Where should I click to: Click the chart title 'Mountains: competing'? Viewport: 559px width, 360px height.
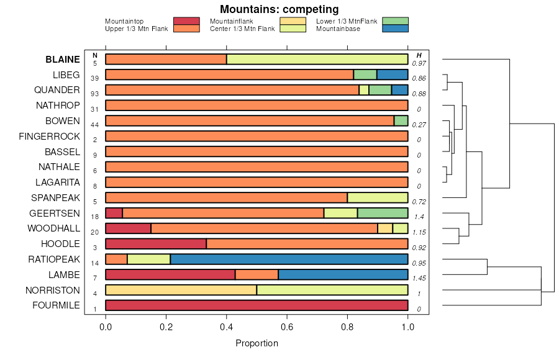coord(279,9)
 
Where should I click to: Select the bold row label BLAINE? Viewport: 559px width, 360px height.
coord(62,60)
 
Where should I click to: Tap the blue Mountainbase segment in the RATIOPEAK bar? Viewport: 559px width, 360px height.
coord(289,259)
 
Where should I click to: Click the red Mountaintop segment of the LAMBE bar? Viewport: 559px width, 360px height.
coord(170,274)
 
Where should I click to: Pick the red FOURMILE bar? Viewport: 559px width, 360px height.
coord(257,305)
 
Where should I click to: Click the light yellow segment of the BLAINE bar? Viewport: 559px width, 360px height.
coord(317,60)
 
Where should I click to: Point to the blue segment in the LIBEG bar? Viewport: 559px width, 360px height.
coord(392,74)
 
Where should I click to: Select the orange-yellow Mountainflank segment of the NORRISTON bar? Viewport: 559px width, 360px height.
coord(181,290)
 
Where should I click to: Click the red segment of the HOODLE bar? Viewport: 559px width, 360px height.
coord(156,244)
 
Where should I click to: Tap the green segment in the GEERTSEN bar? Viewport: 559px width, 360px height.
coord(383,213)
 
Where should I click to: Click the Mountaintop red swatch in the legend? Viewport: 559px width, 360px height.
coord(186,21)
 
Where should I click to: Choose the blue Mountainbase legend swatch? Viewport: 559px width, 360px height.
coord(395,29)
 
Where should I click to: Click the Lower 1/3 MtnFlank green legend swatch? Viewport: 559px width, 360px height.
coord(395,21)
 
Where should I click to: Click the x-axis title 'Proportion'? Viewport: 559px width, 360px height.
coord(257,343)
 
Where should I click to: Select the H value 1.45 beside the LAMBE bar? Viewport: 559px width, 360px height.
coord(419,278)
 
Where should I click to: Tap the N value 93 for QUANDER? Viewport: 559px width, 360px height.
coord(95,94)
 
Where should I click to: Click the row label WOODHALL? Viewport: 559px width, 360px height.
coord(53,228)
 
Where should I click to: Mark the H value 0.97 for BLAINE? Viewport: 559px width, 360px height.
coord(419,63)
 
